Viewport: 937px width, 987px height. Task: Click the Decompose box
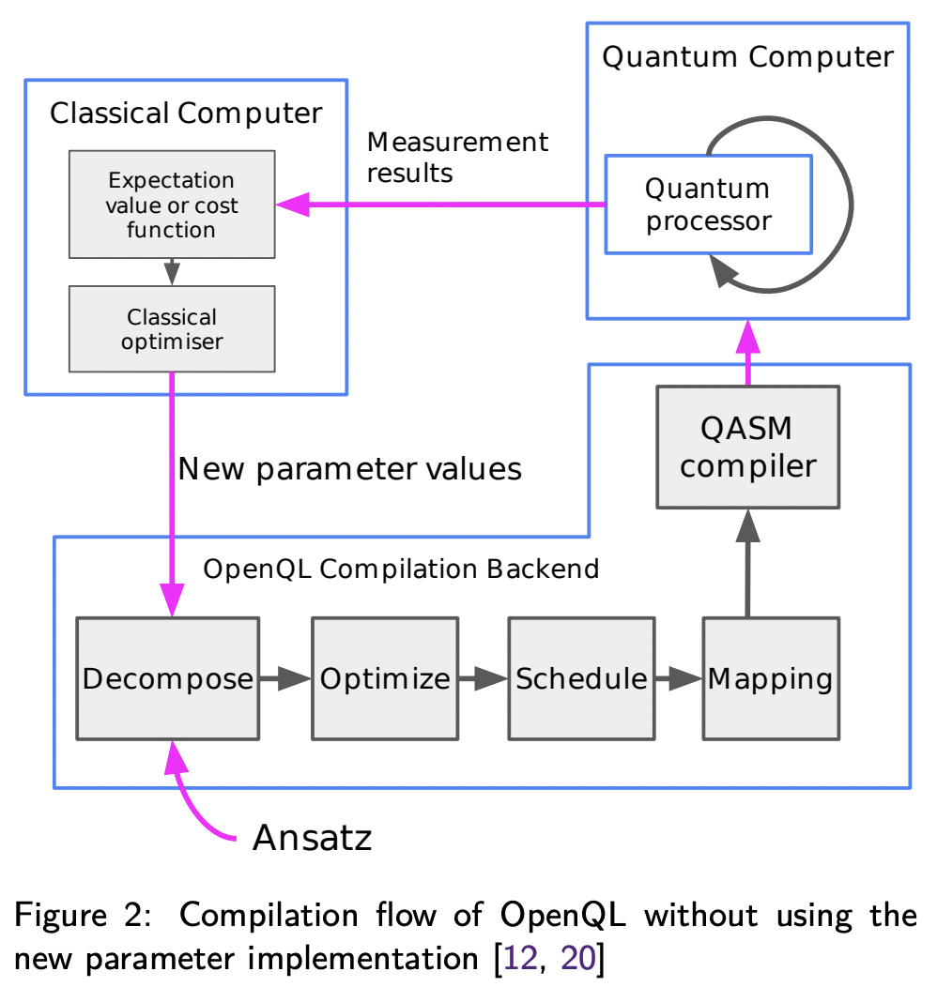coord(168,678)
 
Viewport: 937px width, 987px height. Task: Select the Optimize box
coord(385,678)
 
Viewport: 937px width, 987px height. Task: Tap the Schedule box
coord(581,678)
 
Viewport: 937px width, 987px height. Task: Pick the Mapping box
coord(771,678)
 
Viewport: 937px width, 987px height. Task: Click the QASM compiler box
coord(748,448)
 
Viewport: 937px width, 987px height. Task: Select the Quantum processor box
coord(708,205)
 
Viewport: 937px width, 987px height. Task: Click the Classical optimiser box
coord(172,329)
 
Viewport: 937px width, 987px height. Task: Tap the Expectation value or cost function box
coord(172,205)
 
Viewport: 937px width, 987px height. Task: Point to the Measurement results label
coord(457,157)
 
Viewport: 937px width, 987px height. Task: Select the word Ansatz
coord(312,838)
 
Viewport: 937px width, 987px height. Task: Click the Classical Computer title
coord(185,114)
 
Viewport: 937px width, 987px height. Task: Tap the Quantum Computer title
coord(748,57)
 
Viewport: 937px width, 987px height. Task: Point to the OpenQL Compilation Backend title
coord(401,569)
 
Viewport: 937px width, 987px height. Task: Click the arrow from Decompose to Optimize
coord(285,678)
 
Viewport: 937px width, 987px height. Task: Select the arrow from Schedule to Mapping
coord(677,678)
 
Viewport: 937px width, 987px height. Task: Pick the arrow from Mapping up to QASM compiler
coord(747,563)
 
